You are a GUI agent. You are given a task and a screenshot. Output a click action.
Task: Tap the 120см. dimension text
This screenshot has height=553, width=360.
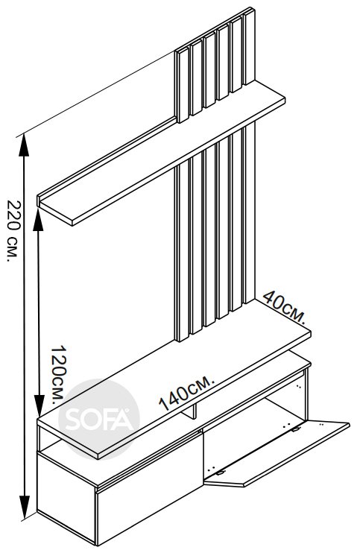coord(58,374)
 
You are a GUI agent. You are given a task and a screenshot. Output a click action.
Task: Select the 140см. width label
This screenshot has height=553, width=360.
coord(186,394)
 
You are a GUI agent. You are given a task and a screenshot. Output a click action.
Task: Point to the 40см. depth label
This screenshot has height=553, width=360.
coord(284,306)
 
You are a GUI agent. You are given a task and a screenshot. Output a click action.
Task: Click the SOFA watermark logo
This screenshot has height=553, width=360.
coord(99,420)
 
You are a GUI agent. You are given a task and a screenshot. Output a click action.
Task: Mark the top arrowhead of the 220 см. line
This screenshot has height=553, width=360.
coord(24,145)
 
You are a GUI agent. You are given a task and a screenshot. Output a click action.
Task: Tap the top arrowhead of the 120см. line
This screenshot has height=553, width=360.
coord(39,218)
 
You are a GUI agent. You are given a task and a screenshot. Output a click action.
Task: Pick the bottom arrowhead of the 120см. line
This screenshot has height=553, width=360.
coord(40,406)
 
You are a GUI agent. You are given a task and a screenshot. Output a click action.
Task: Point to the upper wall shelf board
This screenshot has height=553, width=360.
coord(161,153)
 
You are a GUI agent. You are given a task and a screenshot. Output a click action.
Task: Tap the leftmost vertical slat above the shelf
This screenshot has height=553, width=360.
coord(182,86)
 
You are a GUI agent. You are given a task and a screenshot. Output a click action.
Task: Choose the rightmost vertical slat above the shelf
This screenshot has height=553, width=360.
coord(249,46)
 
